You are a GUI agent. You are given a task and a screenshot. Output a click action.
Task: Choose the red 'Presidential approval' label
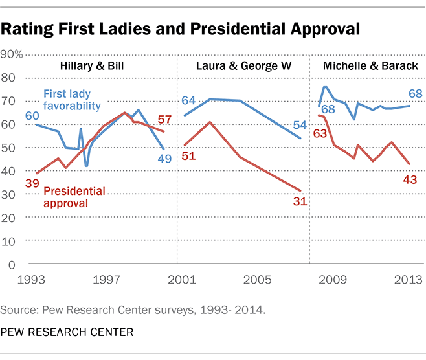coord(76,197)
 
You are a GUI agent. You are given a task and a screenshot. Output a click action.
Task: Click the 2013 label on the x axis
coord(406,280)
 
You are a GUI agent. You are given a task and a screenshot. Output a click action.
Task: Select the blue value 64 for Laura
coord(188,101)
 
